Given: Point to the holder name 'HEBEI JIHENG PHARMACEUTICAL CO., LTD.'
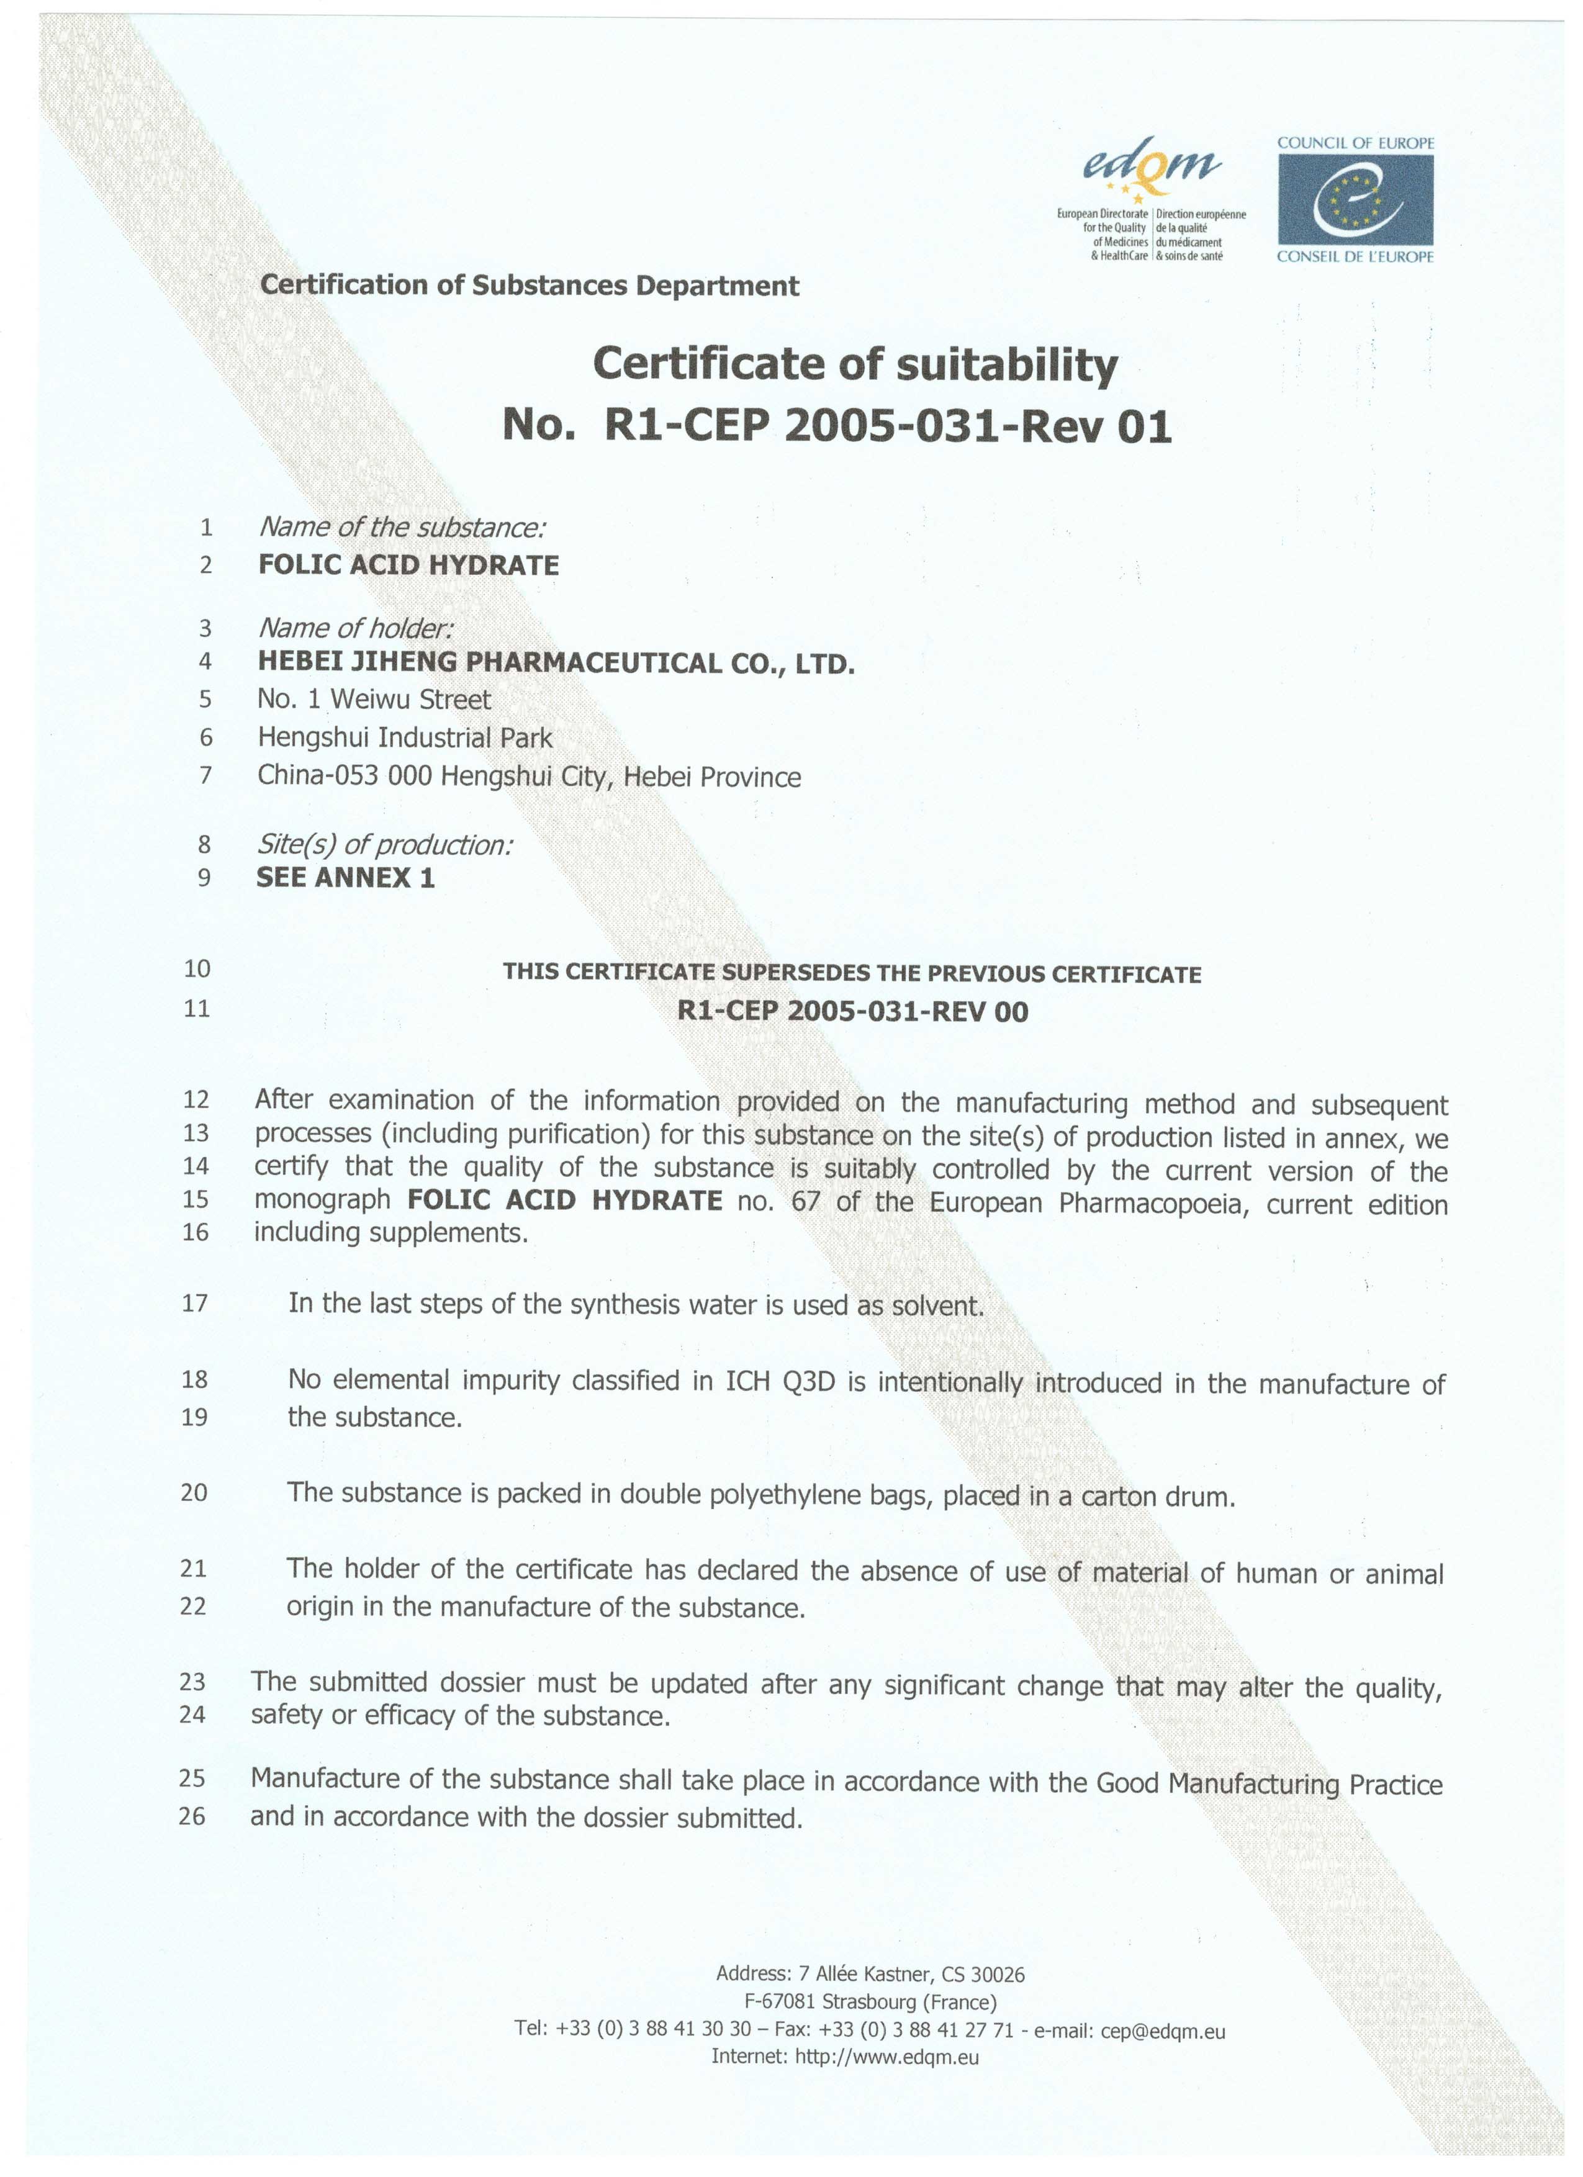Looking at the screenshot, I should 556,662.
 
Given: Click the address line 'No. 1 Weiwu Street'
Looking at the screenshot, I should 374,700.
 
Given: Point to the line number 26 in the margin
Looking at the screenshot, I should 192,1816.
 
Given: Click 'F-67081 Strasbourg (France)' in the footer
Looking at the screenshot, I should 870,2003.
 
